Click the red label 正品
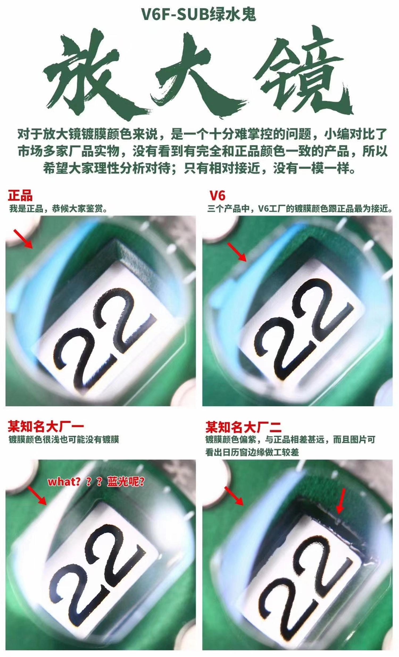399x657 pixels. point(20,195)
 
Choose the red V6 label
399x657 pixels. point(217,195)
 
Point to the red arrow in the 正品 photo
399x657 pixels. point(23,239)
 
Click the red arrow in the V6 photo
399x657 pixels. point(237,252)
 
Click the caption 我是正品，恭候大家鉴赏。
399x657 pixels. point(58,208)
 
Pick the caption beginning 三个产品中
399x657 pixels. point(300,208)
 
